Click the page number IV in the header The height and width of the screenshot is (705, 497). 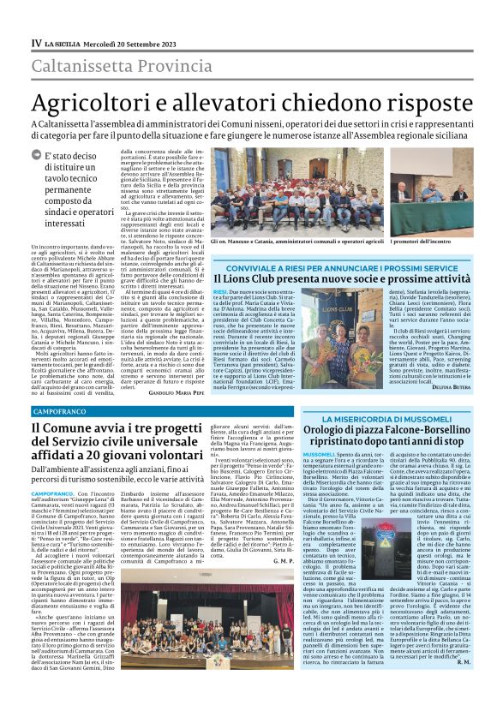37,43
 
